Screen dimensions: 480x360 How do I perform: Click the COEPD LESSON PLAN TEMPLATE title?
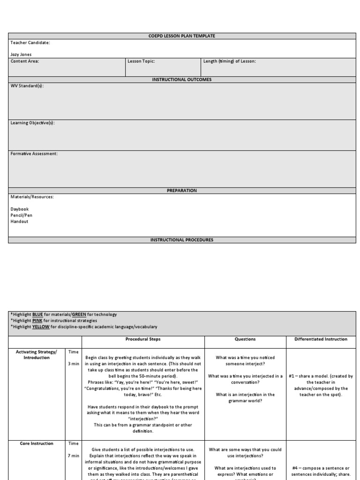pyautogui.click(x=182, y=36)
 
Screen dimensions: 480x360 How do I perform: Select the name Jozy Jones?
pyautogui.click(x=21, y=54)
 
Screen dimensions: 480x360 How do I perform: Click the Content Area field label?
pyautogui.click(x=25, y=61)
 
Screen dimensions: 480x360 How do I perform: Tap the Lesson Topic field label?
pyautogui.click(x=141, y=61)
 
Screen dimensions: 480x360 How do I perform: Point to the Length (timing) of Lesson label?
pyautogui.click(x=230, y=61)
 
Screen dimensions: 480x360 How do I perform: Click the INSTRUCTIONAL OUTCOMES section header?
pyautogui.click(x=182, y=80)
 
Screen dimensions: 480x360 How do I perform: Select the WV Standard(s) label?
pyautogui.click(x=27, y=86)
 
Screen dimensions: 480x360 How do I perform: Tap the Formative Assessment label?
pyautogui.click(x=34, y=153)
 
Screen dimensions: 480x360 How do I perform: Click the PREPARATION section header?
pyautogui.click(x=182, y=191)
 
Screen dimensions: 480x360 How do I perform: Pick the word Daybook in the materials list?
pyautogui.click(x=20, y=209)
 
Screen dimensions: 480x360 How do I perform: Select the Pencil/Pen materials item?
pyautogui.click(x=22, y=215)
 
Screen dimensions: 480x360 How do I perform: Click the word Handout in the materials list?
pyautogui.click(x=19, y=221)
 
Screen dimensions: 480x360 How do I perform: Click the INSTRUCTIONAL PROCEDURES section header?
pyautogui.click(x=182, y=240)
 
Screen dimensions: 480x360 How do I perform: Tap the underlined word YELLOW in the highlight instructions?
pyautogui.click(x=41, y=327)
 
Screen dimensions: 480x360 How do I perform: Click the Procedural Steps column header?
pyautogui.click(x=143, y=339)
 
